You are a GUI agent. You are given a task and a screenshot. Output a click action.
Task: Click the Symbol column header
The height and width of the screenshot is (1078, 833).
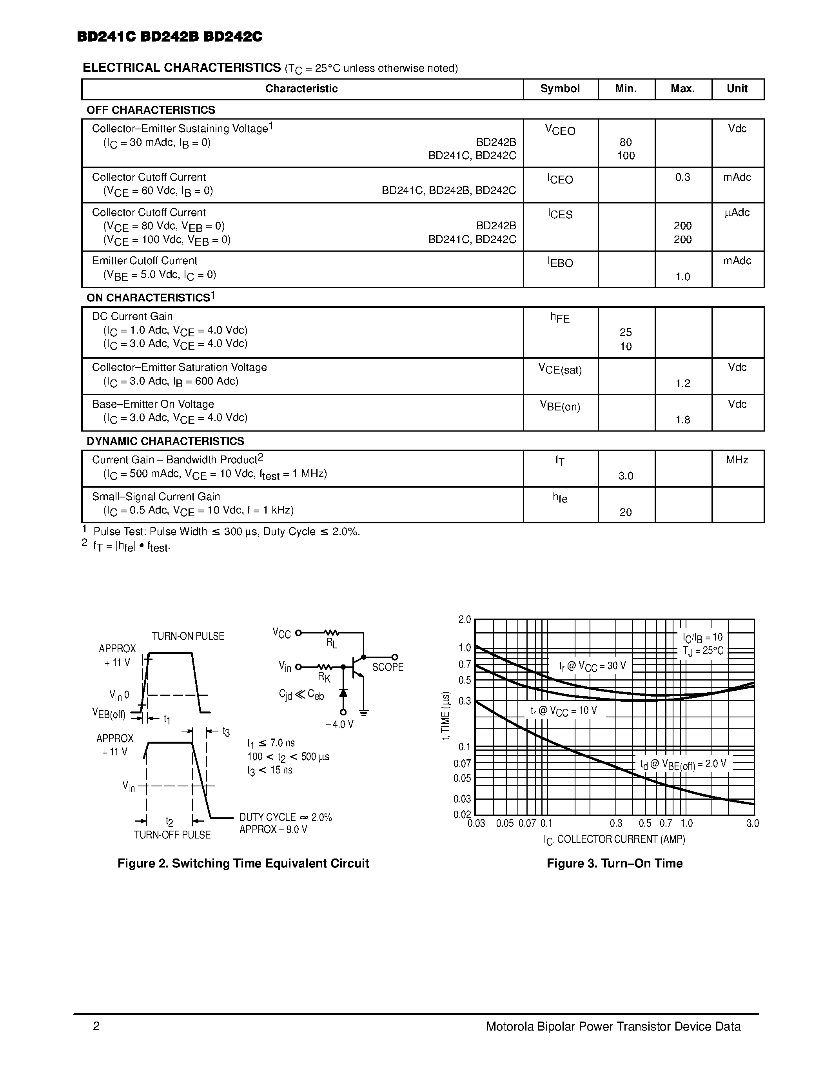[560, 89]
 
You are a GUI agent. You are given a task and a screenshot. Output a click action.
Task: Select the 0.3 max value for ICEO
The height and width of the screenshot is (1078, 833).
[682, 177]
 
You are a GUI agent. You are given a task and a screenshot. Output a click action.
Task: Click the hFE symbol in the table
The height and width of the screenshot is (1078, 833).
[560, 318]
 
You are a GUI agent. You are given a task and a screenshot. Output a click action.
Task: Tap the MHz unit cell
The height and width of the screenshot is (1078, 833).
[737, 460]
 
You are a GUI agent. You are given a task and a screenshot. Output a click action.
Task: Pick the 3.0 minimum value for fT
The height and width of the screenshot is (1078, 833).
[625, 476]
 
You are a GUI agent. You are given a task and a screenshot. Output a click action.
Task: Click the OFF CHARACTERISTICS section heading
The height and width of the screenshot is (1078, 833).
[151, 110]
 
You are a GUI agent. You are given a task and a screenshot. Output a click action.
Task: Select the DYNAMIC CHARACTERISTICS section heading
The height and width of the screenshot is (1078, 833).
[165, 441]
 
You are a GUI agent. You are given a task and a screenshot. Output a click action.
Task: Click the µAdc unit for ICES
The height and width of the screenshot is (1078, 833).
[737, 213]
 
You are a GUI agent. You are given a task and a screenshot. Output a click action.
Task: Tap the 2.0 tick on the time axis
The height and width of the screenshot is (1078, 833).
[465, 619]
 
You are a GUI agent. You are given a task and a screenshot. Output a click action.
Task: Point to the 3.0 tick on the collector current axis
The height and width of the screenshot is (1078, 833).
[752, 823]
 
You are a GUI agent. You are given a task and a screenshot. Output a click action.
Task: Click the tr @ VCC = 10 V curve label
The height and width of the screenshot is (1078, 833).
[564, 711]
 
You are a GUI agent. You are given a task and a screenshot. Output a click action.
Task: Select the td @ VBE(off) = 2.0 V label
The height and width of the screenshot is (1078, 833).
[683, 764]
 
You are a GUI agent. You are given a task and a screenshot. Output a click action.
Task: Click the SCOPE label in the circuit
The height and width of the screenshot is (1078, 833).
[387, 667]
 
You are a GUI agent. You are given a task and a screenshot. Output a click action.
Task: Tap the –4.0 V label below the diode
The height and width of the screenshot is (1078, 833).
[339, 724]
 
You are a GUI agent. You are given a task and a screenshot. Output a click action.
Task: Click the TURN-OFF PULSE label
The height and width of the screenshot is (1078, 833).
[172, 835]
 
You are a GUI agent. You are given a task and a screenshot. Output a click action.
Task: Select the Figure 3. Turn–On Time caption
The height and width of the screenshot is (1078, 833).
[614, 863]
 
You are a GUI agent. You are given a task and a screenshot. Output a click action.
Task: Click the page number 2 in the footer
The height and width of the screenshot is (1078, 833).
[96, 1027]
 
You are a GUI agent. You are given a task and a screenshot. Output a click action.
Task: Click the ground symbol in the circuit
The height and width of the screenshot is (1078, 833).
[364, 713]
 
